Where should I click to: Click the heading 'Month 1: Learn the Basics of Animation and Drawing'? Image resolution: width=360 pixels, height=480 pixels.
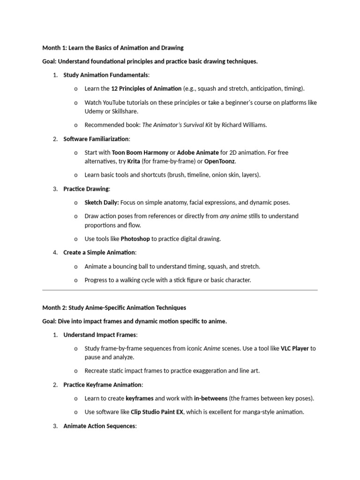113,48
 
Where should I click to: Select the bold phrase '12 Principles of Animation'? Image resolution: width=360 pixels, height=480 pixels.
146,88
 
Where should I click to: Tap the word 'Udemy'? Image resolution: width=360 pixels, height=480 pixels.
93,112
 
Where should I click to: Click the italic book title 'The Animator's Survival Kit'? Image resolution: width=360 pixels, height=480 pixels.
177,125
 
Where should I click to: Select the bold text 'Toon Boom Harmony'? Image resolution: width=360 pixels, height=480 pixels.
140,152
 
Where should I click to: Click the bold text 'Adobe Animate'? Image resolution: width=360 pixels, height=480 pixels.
197,152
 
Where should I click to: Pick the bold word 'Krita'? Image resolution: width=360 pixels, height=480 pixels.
134,161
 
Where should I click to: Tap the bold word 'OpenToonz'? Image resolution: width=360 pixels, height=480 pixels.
219,161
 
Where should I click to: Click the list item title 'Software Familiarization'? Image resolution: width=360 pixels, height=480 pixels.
96,139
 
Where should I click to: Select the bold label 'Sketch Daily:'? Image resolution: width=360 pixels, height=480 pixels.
102,202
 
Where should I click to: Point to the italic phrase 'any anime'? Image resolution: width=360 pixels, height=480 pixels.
233,216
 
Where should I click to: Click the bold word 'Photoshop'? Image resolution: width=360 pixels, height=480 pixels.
135,239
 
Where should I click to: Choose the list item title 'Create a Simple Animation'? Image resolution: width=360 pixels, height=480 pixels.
99,253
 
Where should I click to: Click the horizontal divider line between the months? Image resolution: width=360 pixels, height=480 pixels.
180,290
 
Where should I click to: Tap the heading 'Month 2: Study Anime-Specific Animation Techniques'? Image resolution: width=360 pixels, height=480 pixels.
114,308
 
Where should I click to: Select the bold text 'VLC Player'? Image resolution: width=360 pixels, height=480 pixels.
295,349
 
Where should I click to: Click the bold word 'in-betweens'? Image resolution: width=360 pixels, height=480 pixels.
210,398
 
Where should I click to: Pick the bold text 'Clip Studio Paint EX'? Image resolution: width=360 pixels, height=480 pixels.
157,412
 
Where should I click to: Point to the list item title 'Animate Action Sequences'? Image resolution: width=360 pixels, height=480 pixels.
99,426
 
